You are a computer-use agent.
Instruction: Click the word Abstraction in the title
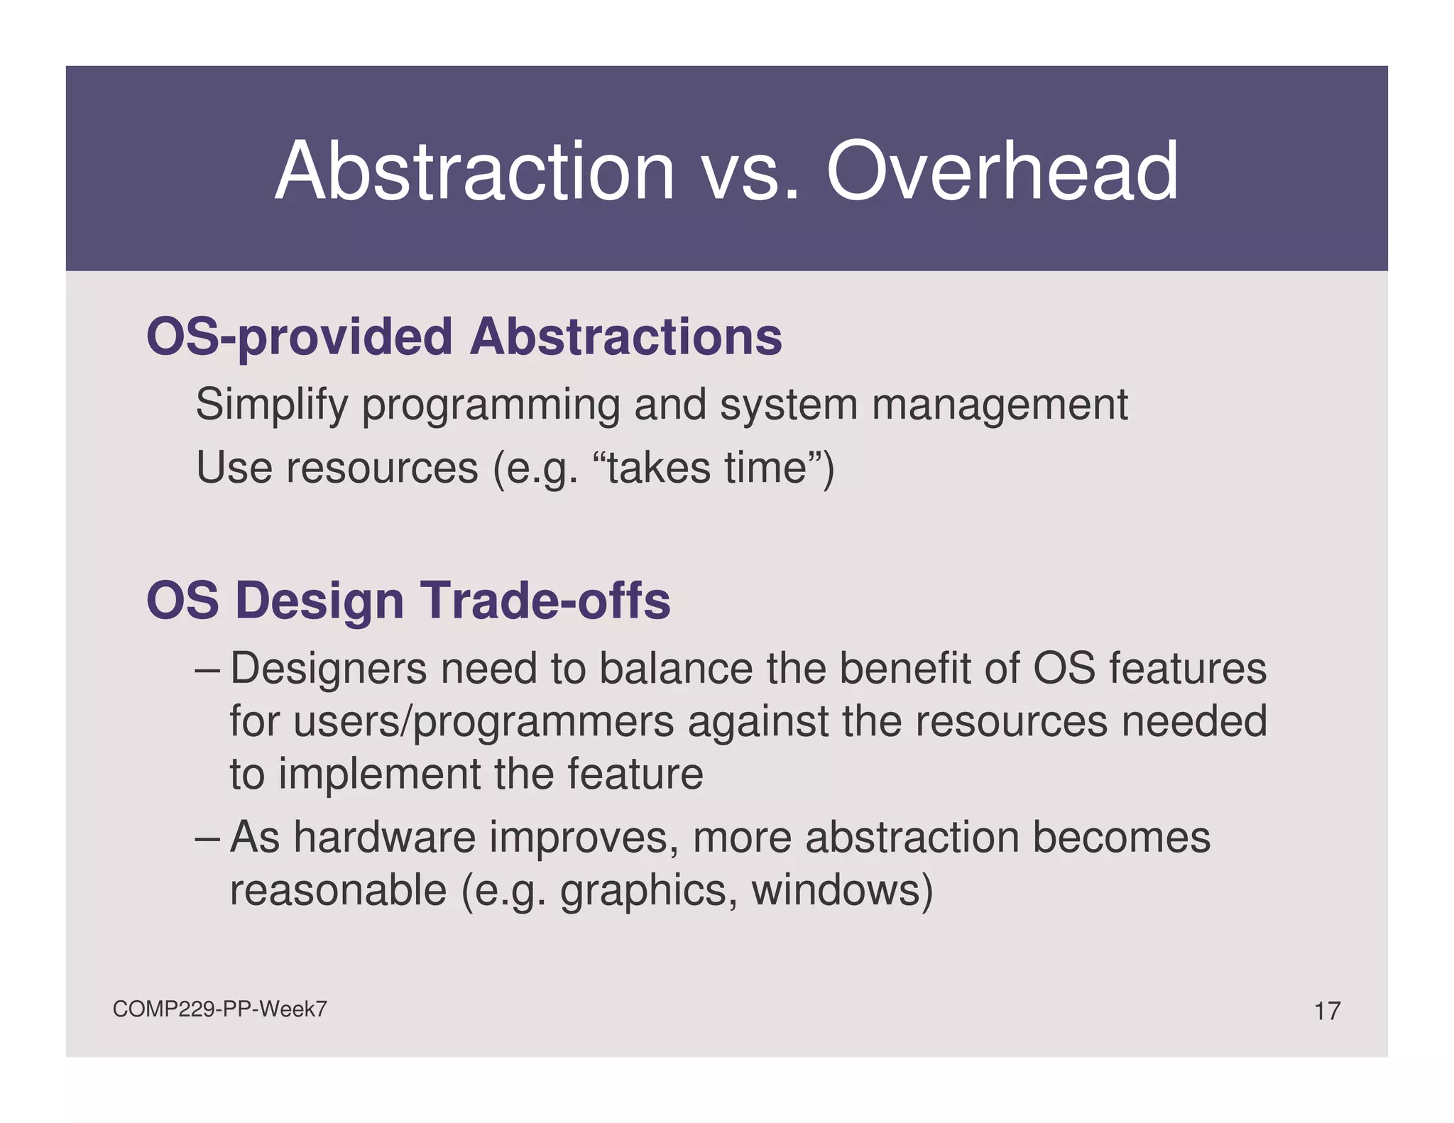pyautogui.click(x=474, y=172)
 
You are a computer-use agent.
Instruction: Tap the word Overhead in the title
pyautogui.click(x=1002, y=172)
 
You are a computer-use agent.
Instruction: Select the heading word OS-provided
pyautogui.click(x=299, y=337)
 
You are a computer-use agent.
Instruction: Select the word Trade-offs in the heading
pyautogui.click(x=546, y=601)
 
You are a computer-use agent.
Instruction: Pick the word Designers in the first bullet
pyautogui.click(x=327, y=669)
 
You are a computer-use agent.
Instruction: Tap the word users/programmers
pyautogui.click(x=483, y=722)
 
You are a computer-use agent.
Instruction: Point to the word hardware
pyautogui.click(x=384, y=837)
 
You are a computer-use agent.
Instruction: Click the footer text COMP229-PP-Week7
pyautogui.click(x=219, y=1009)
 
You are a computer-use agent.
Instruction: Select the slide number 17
pyautogui.click(x=1327, y=1011)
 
